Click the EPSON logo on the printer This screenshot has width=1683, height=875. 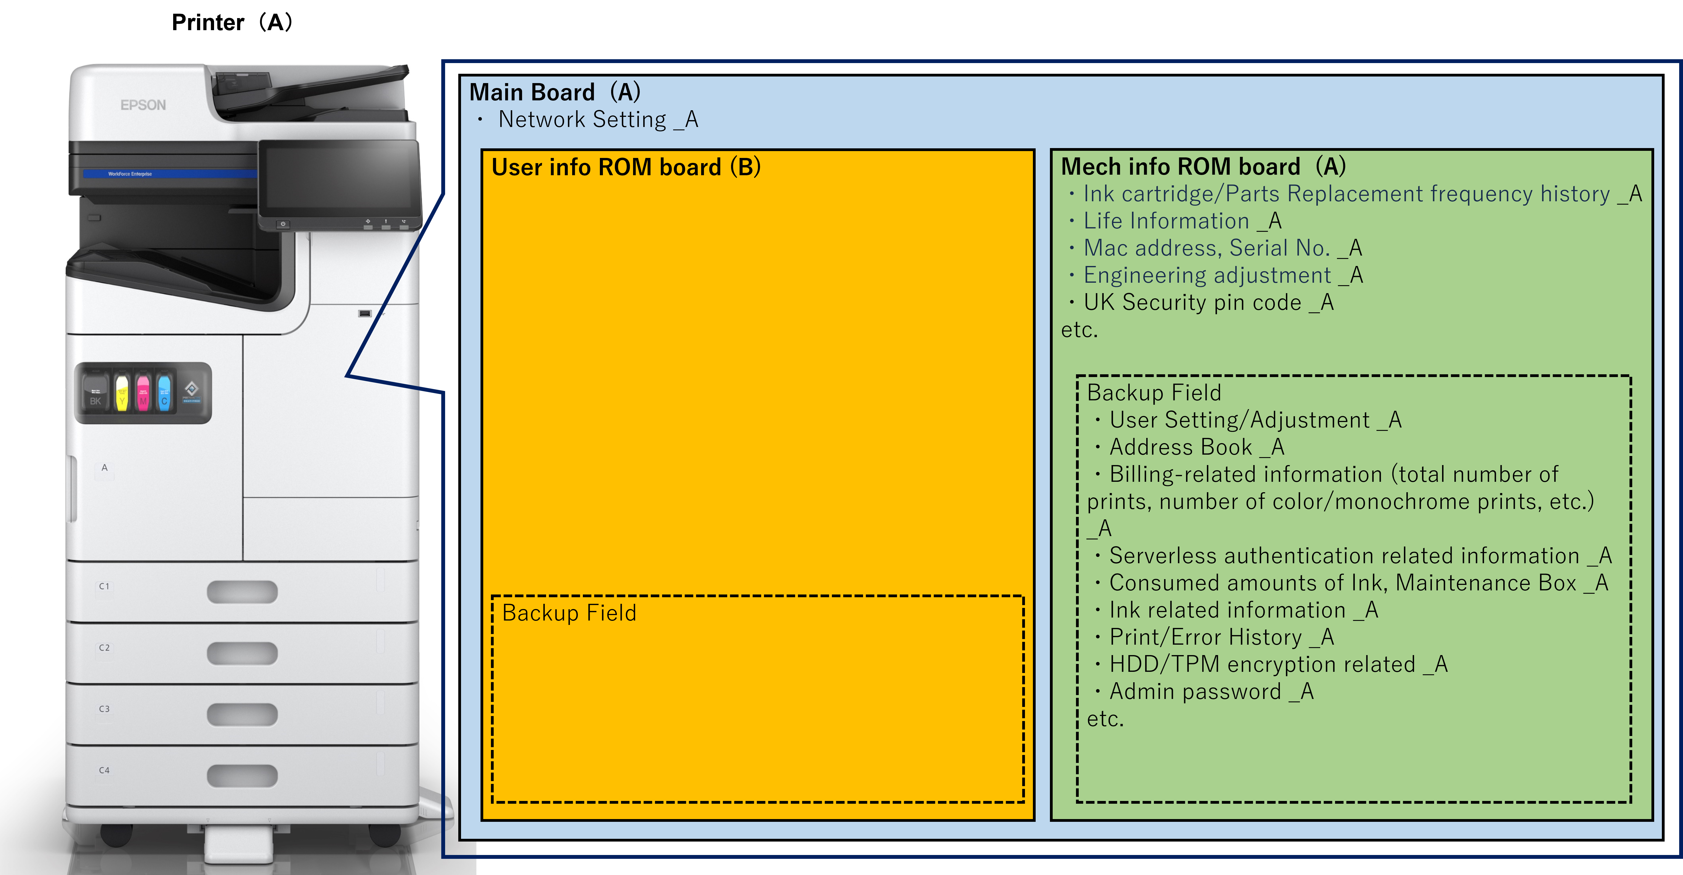[x=143, y=105]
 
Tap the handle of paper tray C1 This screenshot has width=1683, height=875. [x=242, y=592]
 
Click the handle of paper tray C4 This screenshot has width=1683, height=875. [x=242, y=776]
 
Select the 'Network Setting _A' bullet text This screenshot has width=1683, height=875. [x=598, y=120]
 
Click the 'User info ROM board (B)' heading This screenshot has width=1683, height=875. [x=626, y=167]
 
